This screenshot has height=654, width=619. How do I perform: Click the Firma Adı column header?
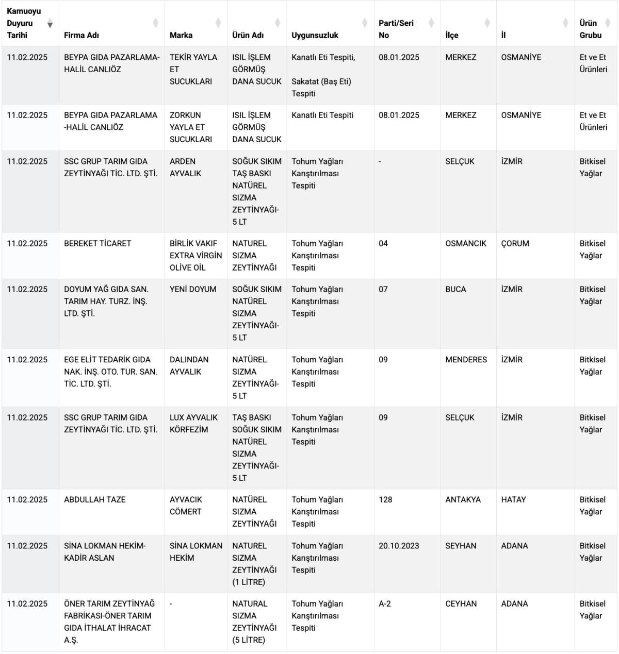point(82,35)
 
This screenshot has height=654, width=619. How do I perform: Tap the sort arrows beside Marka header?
point(218,23)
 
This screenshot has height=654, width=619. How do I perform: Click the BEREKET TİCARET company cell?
point(97,243)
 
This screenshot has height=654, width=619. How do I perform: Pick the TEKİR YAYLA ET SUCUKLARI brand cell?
point(193,69)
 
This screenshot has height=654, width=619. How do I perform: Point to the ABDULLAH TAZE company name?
point(95,499)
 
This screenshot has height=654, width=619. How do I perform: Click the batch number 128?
point(385,499)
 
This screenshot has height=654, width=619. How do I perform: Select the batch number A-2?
point(385,603)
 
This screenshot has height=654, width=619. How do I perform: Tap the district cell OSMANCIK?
point(466,243)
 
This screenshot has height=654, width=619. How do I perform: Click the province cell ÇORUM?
point(515,243)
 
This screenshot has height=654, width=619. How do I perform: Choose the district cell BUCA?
point(455,289)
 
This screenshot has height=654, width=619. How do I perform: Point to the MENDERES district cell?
point(466,360)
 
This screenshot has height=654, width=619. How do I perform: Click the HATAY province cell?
point(513,499)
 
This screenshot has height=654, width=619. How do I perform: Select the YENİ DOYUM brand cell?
point(193,289)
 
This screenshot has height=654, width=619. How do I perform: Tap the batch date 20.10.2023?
point(399,546)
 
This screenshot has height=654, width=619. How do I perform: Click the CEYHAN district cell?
point(461,603)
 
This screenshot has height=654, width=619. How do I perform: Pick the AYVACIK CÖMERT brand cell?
point(186,506)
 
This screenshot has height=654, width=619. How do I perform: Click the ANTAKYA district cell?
point(463,499)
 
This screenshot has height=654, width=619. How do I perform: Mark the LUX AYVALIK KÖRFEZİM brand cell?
point(193,424)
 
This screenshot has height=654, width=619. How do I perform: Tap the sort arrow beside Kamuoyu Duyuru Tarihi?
point(50,24)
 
